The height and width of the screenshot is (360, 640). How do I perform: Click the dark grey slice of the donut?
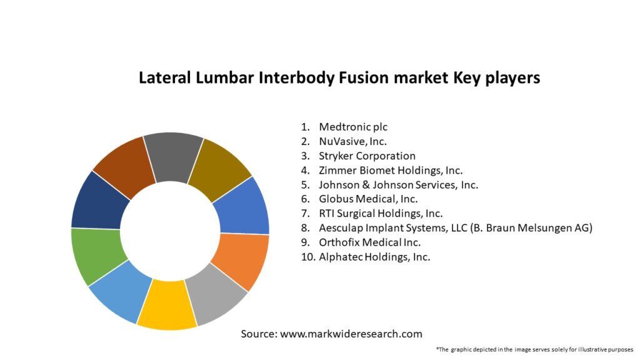[174, 157]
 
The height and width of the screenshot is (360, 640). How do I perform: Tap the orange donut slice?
[241, 259]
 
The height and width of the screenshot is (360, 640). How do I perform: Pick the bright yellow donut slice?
[168, 305]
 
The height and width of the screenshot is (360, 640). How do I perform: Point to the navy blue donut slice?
[99, 202]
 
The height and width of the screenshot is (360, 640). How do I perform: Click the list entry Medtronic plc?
[353, 127]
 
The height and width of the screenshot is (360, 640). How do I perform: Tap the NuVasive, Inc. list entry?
[352, 141]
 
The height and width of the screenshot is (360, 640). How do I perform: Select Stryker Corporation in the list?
[367, 156]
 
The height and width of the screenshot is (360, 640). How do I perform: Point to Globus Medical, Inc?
[368, 199]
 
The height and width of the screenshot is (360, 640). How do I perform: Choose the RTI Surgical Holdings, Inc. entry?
[381, 214]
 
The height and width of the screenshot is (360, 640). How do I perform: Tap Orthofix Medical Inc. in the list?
[370, 242]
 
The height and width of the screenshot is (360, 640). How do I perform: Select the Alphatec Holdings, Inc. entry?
[374, 257]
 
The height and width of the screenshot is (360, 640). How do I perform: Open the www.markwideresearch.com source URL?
[351, 334]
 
